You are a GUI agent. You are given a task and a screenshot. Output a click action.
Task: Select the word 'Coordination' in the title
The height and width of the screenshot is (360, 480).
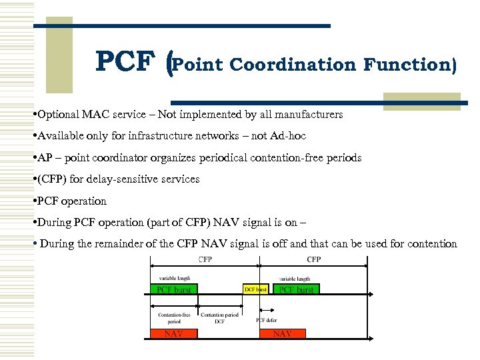(x=294, y=65)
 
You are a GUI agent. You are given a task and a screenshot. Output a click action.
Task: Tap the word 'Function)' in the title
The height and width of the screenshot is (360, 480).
(x=410, y=65)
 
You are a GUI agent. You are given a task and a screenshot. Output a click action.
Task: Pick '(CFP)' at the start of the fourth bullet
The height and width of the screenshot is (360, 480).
(x=53, y=179)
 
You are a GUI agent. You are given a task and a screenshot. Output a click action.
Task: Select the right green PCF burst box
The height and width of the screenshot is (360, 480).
(x=295, y=289)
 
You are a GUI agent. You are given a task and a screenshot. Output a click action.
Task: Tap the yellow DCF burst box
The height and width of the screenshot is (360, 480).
(x=255, y=289)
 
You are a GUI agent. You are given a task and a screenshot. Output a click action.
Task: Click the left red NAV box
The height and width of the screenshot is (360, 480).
(x=173, y=333)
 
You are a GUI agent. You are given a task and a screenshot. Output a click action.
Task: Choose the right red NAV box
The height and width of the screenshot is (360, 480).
(x=282, y=333)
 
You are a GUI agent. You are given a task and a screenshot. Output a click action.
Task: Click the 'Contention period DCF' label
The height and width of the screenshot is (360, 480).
(x=219, y=317)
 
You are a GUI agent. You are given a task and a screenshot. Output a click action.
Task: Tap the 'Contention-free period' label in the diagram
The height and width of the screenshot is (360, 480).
(x=173, y=317)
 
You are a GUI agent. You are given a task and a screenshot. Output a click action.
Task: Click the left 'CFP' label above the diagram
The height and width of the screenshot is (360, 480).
(x=205, y=259)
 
